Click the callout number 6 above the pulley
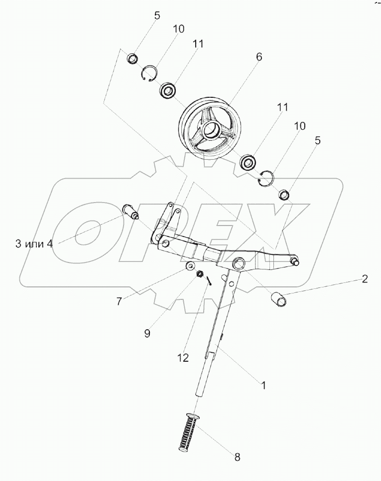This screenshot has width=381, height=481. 258,57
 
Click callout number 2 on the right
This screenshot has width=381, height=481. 365,279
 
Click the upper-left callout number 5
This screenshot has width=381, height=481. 157,15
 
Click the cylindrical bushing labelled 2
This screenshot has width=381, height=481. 279,300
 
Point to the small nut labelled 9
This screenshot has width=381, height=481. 199,274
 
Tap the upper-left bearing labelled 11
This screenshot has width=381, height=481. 167,91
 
